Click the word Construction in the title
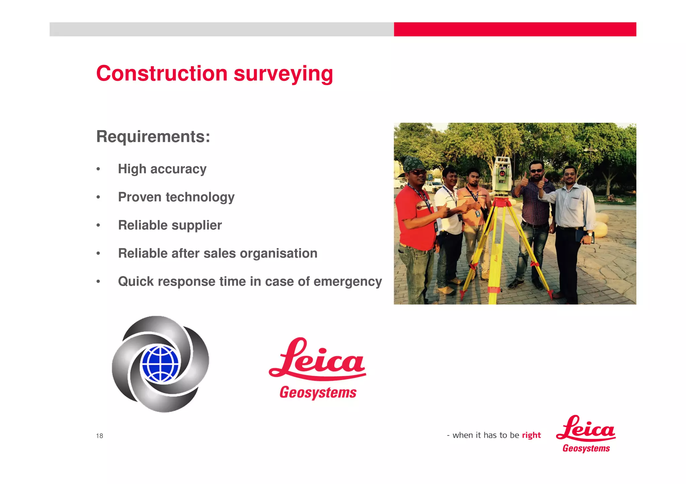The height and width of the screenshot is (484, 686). (x=162, y=73)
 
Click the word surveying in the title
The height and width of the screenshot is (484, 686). (x=283, y=74)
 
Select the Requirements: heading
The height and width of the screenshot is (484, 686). (x=153, y=136)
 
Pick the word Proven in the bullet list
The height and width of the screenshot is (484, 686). (x=140, y=197)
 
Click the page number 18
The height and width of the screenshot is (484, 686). (x=99, y=435)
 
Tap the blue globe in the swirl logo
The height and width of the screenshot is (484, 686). (x=160, y=364)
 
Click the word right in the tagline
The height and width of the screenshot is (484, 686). (x=531, y=435)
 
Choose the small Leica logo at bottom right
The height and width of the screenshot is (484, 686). (x=586, y=434)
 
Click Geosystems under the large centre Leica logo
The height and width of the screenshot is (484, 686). (x=318, y=392)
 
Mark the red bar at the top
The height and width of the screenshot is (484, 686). (x=515, y=29)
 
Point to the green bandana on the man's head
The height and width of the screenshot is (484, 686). (x=413, y=164)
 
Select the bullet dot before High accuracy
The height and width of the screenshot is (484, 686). (x=98, y=169)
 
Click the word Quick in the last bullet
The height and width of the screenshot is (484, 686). (x=135, y=282)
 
